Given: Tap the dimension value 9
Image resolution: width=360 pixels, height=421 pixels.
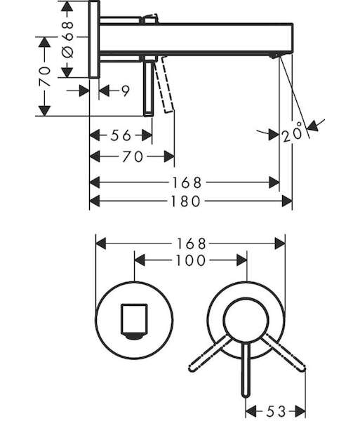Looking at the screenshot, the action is pos(126,91).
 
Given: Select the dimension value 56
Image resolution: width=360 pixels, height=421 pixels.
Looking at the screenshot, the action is pos(121,135).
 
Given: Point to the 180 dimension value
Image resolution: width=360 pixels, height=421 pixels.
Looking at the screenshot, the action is pos(185,201).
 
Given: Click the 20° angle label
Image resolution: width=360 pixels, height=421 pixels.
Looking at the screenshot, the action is pos(292,133).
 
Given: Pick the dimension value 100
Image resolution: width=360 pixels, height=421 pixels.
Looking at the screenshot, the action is pos(190,260).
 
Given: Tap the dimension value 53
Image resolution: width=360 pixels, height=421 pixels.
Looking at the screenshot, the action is pos(276,410).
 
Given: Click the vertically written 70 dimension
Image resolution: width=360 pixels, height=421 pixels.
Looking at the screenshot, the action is pos(45,76).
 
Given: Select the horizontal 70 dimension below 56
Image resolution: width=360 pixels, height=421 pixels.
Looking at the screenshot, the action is pos(133,156).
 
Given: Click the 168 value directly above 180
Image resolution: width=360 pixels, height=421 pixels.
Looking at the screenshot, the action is pos(186,182).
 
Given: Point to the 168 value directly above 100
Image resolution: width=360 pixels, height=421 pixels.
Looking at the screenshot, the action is pos(191,243).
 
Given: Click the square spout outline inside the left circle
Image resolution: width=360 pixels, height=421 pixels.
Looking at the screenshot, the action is pos(134,319).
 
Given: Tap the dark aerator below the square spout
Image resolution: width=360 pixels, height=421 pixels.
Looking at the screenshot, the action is pos(134,336).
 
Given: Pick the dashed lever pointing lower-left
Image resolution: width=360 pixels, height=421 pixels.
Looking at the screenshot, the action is pos(210,353).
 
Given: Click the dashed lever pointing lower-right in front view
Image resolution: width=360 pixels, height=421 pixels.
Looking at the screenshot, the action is pos(284,353).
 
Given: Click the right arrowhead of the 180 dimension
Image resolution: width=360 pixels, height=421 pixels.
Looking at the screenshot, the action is pos(287,201).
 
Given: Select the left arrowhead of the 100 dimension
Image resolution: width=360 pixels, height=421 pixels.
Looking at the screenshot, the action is pos(140,260).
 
